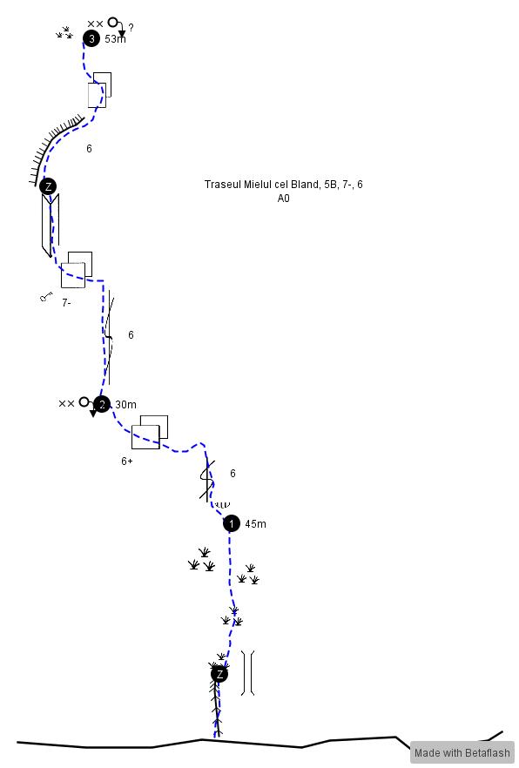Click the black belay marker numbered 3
[91, 38]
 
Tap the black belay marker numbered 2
[102, 404]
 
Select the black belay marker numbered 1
[232, 523]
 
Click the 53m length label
[116, 39]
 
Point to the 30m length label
[126, 405]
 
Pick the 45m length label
[256, 524]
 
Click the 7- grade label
[66, 303]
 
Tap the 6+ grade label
[127, 461]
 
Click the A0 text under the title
[284, 199]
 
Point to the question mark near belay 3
[131, 28]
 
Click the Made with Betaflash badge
[462, 752]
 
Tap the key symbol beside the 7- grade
[46, 296]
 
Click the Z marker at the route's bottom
[219, 674]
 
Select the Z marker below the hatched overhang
[48, 186]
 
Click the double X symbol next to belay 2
[66, 404]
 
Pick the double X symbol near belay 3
[95, 24]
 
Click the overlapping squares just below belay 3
[99, 91]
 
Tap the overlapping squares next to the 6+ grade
[150, 432]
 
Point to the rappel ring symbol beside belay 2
[84, 402]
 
